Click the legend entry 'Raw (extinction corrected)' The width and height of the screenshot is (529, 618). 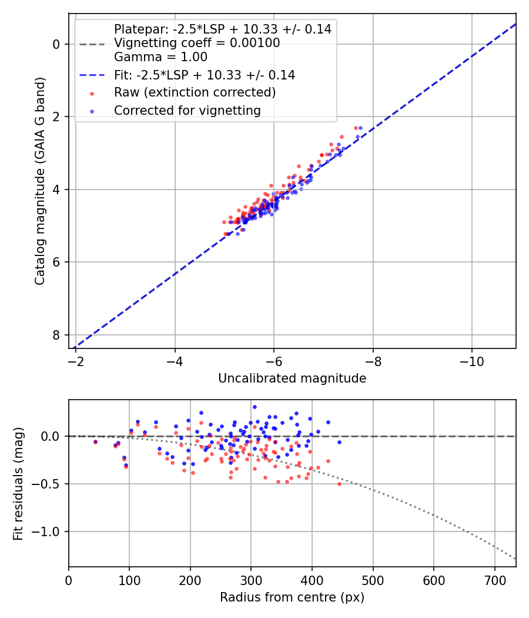(195, 92)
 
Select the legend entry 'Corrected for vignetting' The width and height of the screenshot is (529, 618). (187, 110)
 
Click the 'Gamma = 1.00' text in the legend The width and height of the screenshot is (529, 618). (160, 58)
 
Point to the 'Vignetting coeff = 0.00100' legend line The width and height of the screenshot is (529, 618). (197, 43)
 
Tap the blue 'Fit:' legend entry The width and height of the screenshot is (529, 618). (204, 75)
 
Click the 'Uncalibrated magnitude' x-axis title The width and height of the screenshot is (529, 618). (292, 378)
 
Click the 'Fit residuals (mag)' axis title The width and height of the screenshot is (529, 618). (18, 484)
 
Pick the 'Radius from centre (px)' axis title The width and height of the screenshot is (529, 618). (292, 597)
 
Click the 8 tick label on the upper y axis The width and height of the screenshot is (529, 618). (57, 335)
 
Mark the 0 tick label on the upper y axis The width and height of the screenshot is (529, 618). (57, 44)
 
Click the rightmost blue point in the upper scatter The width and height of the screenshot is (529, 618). (360, 128)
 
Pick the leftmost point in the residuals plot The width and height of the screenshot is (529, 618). (95, 441)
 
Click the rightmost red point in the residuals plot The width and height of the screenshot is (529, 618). (339, 484)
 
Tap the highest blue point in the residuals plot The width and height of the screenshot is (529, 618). (255, 407)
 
